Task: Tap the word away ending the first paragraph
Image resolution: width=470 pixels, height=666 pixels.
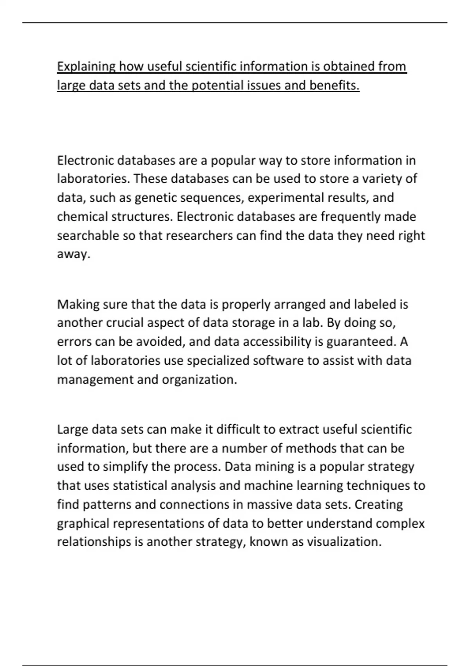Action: [73, 254]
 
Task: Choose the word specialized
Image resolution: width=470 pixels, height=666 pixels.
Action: [218, 360]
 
